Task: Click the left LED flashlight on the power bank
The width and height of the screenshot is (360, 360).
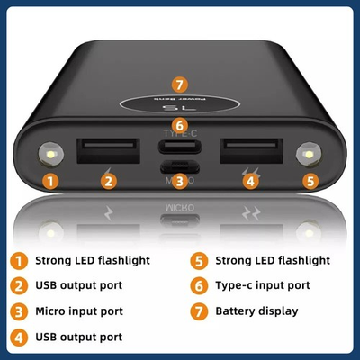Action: pyautogui.click(x=51, y=155)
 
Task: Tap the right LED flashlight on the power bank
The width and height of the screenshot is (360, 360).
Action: pyautogui.click(x=309, y=155)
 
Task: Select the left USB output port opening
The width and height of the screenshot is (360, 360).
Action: pyautogui.click(x=108, y=151)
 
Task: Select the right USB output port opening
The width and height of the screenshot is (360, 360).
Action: pyautogui.click(x=251, y=151)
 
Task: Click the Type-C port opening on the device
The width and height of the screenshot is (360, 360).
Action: pyautogui.click(x=180, y=147)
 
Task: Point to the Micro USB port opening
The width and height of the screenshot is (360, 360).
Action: pyautogui.click(x=180, y=166)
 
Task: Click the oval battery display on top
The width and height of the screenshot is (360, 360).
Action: pyautogui.click(x=180, y=104)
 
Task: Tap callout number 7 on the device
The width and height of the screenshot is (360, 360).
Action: pyautogui.click(x=180, y=85)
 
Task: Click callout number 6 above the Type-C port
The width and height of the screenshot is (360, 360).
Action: pyautogui.click(x=180, y=125)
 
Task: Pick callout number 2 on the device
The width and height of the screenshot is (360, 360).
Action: pyautogui.click(x=109, y=181)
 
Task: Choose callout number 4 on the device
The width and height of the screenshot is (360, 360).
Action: pyautogui.click(x=251, y=181)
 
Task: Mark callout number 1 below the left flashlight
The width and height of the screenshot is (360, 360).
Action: pyautogui.click(x=50, y=181)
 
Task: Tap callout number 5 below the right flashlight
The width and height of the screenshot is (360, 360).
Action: pyautogui.click(x=310, y=181)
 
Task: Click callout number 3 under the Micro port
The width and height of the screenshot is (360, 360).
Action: pyautogui.click(x=180, y=181)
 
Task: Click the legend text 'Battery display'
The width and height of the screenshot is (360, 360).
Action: pyautogui.click(x=256, y=311)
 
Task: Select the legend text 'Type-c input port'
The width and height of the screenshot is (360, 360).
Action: pyautogui.click(x=263, y=285)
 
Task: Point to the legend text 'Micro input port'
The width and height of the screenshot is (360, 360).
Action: pyautogui.click(x=79, y=311)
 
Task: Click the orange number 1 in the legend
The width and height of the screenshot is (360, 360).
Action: pyautogui.click(x=19, y=260)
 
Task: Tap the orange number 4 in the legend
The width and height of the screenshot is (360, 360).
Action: pyautogui.click(x=19, y=337)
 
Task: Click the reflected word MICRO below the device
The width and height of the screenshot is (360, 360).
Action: pyautogui.click(x=180, y=208)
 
